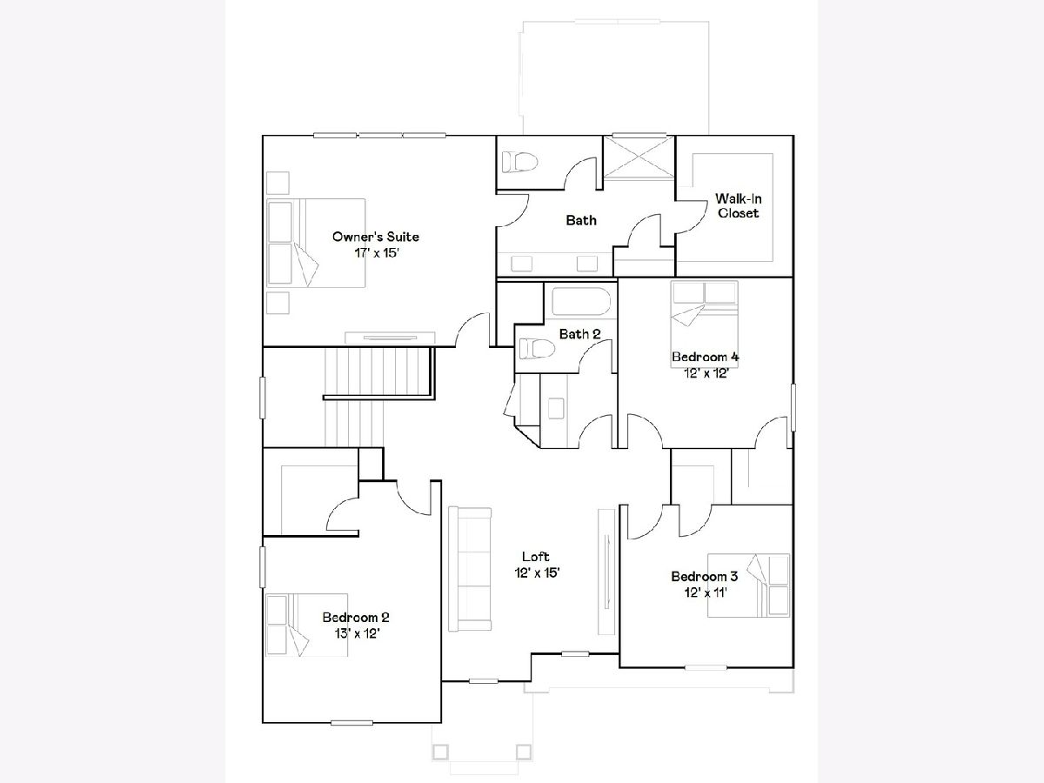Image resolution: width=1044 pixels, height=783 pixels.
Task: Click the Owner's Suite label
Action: (x=376, y=237)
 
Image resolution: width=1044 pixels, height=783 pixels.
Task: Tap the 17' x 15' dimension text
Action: (x=376, y=253)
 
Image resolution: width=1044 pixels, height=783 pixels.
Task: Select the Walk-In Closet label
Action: (x=738, y=206)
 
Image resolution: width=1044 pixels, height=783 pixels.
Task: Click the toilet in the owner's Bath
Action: (x=520, y=162)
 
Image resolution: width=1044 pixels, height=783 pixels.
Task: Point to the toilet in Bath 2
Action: (x=538, y=349)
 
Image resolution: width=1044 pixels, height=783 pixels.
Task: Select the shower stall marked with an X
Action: (x=639, y=157)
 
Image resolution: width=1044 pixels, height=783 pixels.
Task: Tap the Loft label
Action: (x=536, y=556)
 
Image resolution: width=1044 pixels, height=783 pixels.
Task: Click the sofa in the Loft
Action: (x=470, y=569)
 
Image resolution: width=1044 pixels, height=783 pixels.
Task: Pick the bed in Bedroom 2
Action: (x=307, y=625)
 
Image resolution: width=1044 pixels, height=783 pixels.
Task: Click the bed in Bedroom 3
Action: (x=748, y=586)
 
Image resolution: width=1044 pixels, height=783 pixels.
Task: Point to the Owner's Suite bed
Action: (x=317, y=243)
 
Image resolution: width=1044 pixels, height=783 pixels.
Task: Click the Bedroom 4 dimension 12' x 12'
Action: (x=706, y=373)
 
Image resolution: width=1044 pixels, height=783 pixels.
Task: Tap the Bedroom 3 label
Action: (x=705, y=576)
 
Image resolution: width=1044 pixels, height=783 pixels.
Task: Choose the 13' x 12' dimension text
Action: (x=357, y=633)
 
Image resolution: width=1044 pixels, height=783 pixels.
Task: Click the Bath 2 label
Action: (x=579, y=334)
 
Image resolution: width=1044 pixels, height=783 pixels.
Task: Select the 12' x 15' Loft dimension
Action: (x=537, y=572)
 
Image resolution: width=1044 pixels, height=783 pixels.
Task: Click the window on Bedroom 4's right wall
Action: (x=793, y=407)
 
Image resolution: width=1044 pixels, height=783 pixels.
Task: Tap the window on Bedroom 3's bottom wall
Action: (x=706, y=667)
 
